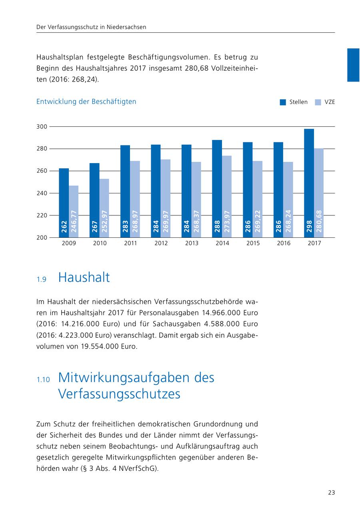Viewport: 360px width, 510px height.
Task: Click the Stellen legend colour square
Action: coord(283,102)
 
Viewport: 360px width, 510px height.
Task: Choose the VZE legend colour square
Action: coord(318,102)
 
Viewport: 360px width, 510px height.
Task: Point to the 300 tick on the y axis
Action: coord(42,127)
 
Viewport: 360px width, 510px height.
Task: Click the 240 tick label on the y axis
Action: coord(42,193)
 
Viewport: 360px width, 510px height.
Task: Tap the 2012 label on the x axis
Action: coord(161,243)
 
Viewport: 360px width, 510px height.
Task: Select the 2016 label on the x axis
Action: coord(284,243)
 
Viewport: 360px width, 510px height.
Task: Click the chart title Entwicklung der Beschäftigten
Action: coord(86,102)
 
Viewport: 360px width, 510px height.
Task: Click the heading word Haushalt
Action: coord(84,277)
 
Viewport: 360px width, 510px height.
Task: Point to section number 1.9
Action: coord(42,280)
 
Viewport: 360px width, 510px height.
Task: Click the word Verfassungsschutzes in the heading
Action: coord(119,394)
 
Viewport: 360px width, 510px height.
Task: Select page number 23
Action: coord(331,493)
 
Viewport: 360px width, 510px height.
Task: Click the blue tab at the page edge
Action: coord(353,65)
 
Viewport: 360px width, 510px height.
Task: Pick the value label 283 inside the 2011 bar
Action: coord(125,227)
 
